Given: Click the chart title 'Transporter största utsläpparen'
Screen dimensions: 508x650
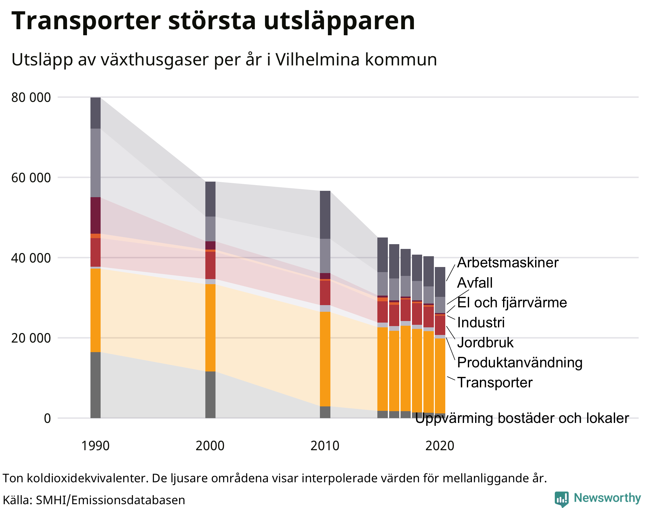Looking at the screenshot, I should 213,21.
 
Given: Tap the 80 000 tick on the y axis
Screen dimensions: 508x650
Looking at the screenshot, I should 31,97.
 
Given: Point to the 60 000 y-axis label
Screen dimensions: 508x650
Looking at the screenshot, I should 31,178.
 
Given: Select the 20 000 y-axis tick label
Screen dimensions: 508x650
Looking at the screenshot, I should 31,338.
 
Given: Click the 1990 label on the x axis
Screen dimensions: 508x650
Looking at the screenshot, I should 96,446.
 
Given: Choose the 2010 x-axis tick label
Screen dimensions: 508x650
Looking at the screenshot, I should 325,446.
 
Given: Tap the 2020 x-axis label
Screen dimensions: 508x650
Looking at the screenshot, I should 440,446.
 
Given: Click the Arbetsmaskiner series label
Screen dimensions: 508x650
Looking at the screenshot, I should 507,263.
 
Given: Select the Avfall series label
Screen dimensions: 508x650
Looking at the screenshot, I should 475,283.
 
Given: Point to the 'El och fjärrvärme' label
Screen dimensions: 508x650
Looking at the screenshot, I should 512,303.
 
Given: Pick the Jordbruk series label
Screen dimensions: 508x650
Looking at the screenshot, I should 485,343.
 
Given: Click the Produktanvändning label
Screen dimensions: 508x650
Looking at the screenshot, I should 520,363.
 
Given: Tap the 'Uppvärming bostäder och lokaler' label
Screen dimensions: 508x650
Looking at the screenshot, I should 522,418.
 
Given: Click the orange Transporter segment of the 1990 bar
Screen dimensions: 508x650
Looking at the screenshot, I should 96,310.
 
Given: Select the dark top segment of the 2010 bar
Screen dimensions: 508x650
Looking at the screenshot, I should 325,215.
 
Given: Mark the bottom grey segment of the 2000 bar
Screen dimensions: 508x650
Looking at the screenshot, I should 210,395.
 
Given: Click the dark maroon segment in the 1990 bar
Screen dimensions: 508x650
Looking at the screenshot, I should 96,215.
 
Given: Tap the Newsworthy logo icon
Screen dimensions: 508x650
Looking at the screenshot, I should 561,499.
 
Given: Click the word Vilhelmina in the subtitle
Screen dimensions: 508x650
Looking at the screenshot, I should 317,59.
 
